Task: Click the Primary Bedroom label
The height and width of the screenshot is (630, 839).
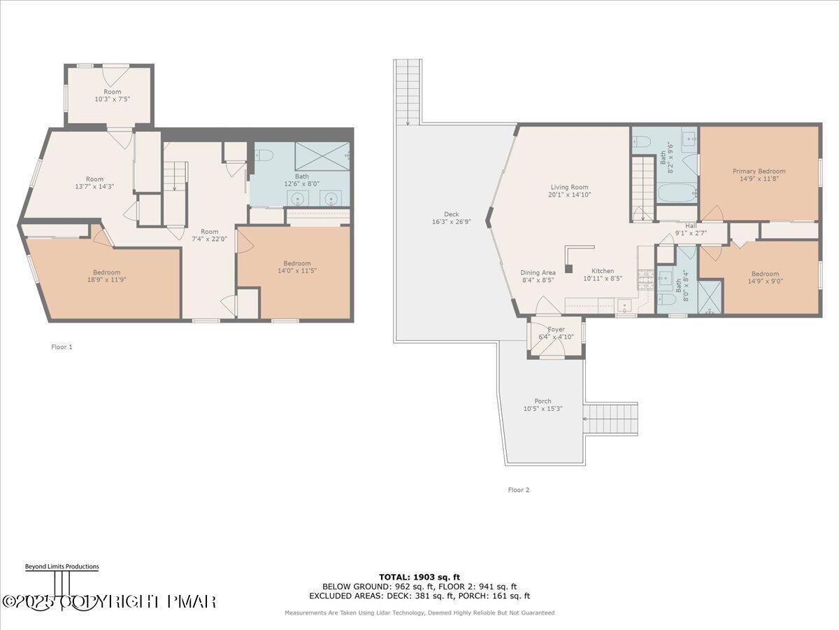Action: [759, 171]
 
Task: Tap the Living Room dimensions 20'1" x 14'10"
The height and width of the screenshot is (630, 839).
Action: [570, 195]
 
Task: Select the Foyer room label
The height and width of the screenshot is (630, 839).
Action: [556, 329]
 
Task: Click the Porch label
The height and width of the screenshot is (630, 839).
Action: [543, 401]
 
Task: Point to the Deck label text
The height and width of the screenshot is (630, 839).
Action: [451, 214]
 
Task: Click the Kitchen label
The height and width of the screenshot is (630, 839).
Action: [603, 271]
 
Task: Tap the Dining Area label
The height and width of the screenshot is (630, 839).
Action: [538, 272]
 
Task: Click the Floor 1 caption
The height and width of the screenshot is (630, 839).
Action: [62, 346]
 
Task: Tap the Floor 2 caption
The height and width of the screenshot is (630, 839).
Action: [518, 490]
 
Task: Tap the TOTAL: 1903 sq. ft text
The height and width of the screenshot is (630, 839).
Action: [419, 577]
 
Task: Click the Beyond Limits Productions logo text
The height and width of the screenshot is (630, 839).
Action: [62, 566]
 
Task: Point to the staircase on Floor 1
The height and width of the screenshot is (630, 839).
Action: [175, 176]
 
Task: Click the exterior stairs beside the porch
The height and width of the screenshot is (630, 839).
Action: [611, 419]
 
